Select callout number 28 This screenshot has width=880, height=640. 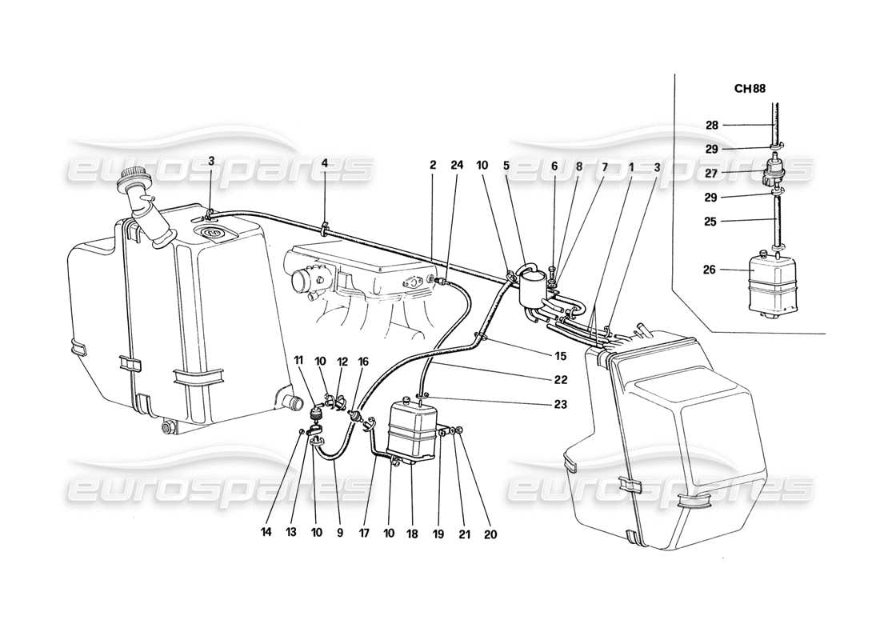712,125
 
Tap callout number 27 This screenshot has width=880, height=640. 712,172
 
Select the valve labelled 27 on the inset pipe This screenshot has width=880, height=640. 774,171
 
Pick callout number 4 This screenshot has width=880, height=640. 324,164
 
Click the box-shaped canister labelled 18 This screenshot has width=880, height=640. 412,432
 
